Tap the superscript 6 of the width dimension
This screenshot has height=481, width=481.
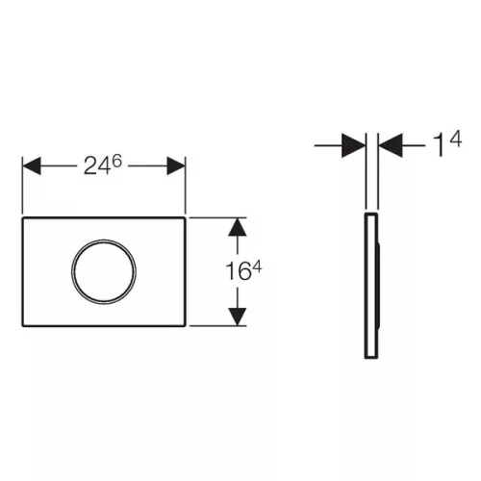(x=117, y=161)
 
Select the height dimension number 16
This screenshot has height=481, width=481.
(x=239, y=271)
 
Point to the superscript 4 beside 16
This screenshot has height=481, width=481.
(x=257, y=266)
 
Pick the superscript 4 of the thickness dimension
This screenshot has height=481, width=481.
(x=455, y=139)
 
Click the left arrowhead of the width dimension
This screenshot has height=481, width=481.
(x=32, y=165)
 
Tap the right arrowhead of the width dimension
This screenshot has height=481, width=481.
(x=176, y=165)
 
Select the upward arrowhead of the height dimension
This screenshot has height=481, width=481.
(x=238, y=227)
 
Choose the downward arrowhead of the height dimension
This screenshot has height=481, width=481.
(x=238, y=316)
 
